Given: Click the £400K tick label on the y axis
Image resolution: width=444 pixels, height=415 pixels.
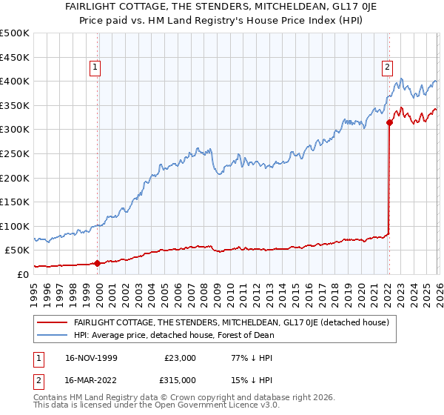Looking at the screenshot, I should pyautogui.click(x=15, y=82).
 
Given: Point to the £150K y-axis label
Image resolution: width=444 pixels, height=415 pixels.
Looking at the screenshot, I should pyautogui.click(x=15, y=202).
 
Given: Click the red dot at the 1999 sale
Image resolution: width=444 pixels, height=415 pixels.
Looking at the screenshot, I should pyautogui.click(x=98, y=263).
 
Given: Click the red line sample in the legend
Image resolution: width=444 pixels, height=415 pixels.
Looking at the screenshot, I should pyautogui.click(x=52, y=322).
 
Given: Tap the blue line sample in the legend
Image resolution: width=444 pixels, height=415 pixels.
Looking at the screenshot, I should pyautogui.click(x=52, y=335).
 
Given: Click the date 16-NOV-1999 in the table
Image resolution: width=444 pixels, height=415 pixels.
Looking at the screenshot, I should pyautogui.click(x=92, y=358).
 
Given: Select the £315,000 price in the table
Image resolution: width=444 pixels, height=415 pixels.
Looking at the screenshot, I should pyautogui.click(x=180, y=379).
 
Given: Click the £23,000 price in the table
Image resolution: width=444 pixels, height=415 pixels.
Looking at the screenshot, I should pyautogui.click(x=180, y=358).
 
